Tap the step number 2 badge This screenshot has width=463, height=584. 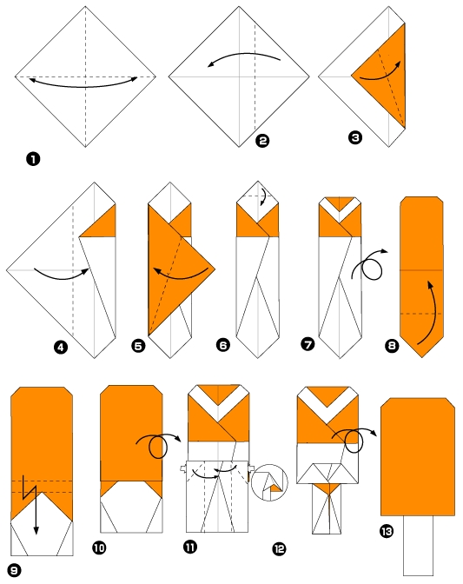263,139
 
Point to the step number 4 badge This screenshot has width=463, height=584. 60,348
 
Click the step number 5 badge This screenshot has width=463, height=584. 138,346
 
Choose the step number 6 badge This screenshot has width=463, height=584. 223,345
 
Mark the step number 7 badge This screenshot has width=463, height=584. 307,344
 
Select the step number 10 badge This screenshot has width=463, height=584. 98,547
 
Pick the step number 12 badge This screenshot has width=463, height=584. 279,548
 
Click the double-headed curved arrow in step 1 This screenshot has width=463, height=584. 84,83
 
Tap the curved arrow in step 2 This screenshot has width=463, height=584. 242,59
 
